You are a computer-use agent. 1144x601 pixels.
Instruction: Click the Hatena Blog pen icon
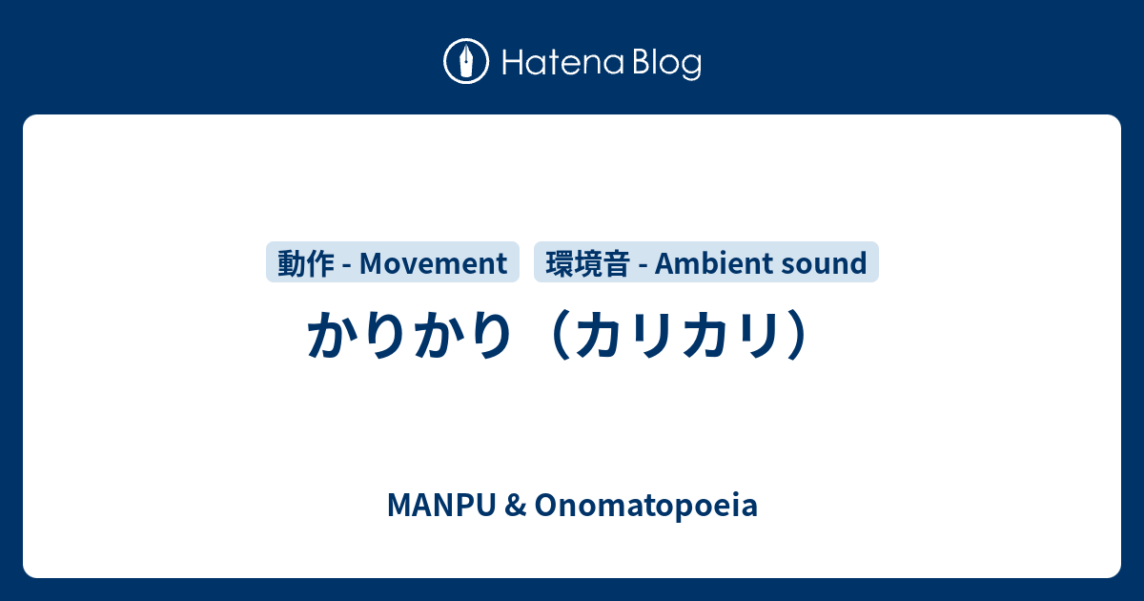(x=466, y=62)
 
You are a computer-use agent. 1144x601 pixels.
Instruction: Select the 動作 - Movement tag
(x=393, y=262)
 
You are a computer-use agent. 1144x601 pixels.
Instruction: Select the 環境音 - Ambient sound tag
(x=706, y=262)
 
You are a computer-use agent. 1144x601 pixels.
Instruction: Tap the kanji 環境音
(x=587, y=262)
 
